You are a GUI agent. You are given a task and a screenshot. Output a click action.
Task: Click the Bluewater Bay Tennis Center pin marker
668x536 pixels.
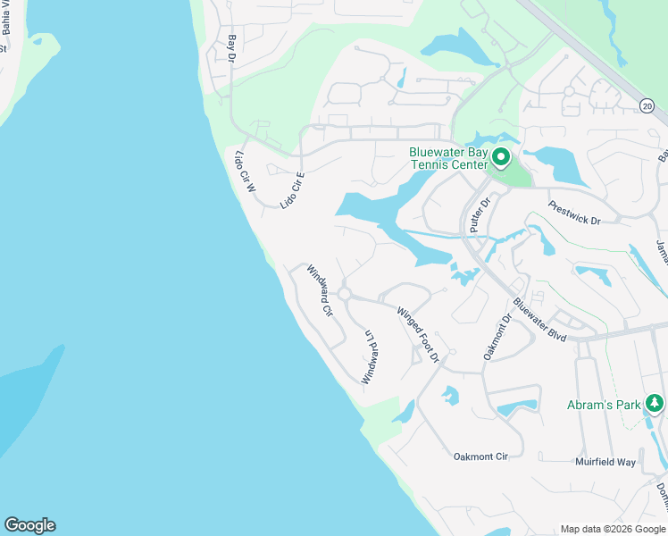(x=500, y=158)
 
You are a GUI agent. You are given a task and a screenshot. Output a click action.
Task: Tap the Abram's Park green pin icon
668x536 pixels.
(x=655, y=404)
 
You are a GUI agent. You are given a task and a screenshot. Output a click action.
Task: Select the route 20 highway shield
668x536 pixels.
(x=647, y=106)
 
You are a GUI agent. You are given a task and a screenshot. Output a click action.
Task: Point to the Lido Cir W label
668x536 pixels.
(x=245, y=172)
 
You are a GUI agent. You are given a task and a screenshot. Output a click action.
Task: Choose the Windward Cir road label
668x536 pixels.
(x=320, y=291)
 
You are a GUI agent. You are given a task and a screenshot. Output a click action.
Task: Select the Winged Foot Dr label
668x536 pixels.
(x=419, y=334)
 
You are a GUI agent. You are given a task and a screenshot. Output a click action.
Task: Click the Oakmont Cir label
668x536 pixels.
(x=480, y=456)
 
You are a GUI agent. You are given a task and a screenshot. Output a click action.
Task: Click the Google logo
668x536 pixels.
(x=29, y=525)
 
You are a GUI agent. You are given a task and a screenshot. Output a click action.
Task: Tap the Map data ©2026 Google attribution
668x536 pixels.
(x=612, y=529)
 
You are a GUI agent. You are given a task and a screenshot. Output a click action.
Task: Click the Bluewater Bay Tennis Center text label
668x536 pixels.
(x=448, y=158)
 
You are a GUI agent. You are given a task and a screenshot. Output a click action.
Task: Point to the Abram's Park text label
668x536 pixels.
(x=604, y=405)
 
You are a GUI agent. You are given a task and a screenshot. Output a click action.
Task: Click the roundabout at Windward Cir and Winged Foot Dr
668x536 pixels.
(x=344, y=294)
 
